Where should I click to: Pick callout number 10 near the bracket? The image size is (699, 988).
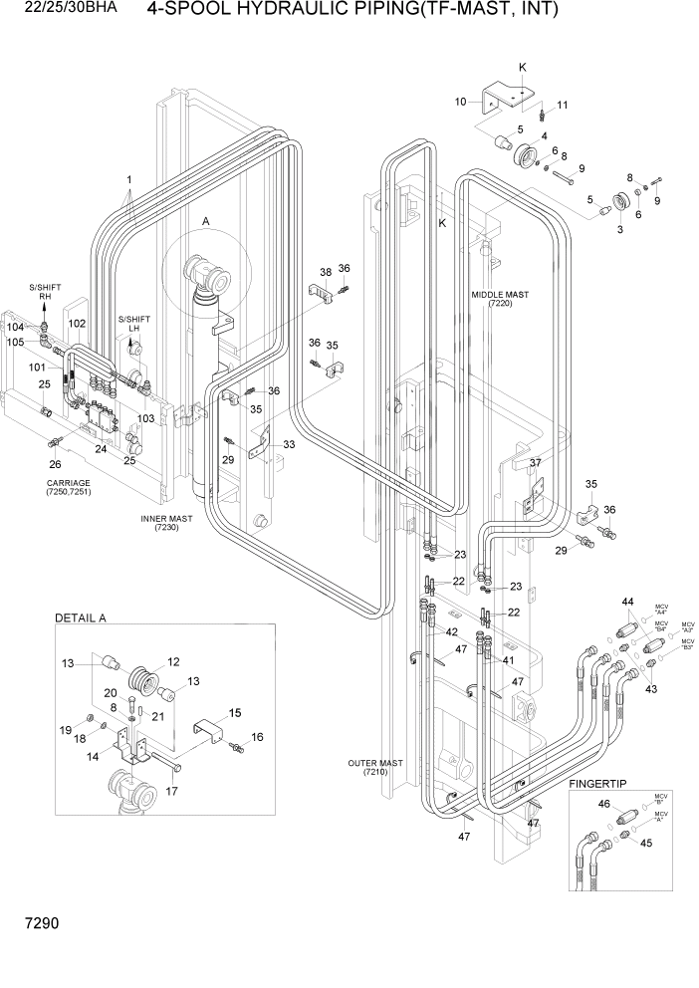(461, 102)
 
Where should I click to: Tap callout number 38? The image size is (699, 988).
(325, 272)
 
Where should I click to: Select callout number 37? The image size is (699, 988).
(534, 463)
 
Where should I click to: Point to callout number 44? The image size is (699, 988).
(627, 604)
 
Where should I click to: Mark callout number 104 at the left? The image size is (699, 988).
(15, 327)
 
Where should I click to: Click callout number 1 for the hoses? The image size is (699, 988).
(129, 179)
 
